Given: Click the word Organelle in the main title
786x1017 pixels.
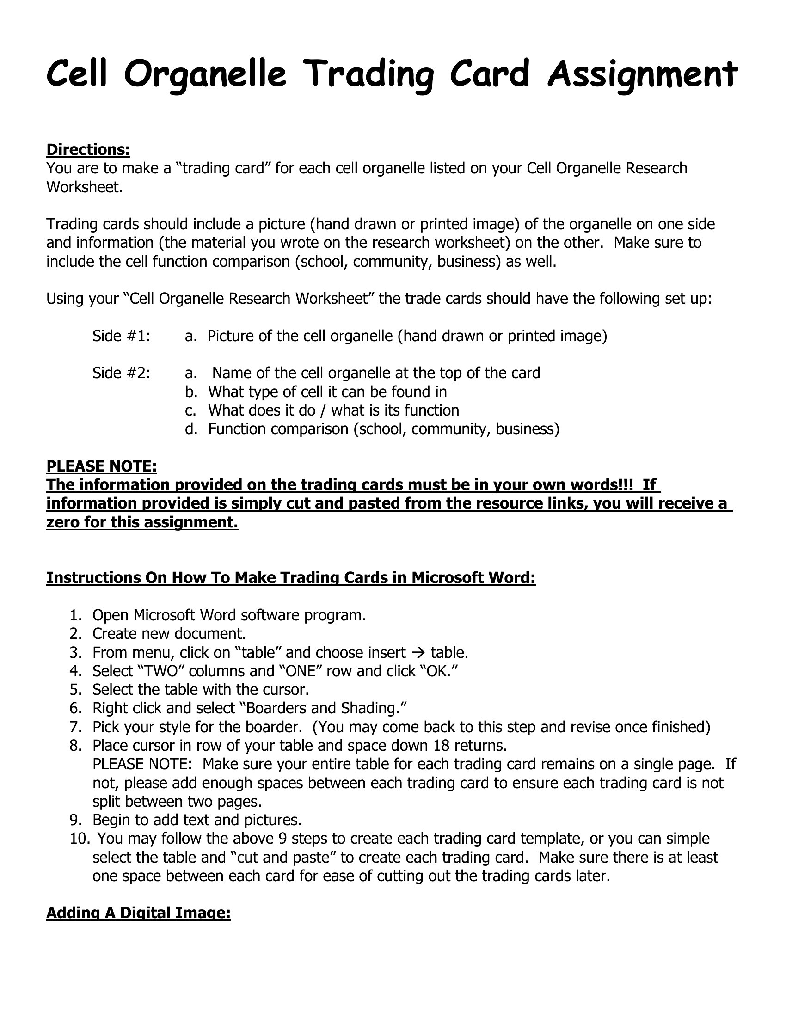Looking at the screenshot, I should coord(205,74).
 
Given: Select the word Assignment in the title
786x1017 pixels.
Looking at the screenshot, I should coord(642,74).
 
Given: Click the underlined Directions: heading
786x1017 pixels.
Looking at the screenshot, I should coord(88,150).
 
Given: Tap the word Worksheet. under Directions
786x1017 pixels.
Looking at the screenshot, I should coord(84,187).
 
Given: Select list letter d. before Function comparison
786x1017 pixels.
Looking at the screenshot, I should coord(191,429).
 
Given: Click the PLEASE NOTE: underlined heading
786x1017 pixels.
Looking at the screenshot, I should coord(102,466).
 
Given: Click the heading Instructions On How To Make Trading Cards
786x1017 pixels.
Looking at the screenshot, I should coord(291,578).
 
